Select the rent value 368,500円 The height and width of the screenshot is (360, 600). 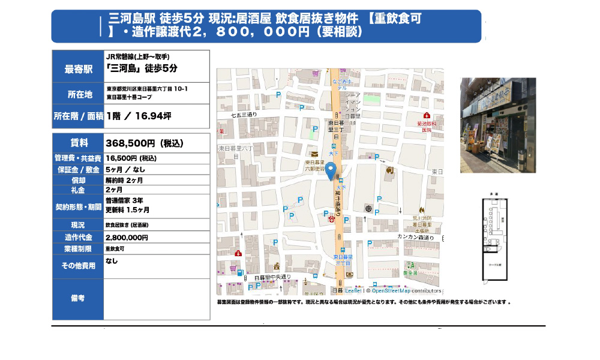pyautogui.click(x=144, y=143)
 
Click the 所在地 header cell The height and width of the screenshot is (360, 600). pyautogui.click(x=78, y=94)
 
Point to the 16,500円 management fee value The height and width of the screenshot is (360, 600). pyautogui.click(x=131, y=158)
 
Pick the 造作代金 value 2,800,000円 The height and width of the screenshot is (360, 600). pyautogui.click(x=127, y=238)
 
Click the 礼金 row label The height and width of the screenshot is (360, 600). pyautogui.click(x=78, y=190)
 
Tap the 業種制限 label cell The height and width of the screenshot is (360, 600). pyautogui.click(x=78, y=248)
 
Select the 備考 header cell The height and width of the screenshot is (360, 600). pyautogui.click(x=78, y=298)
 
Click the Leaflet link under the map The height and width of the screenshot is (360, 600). pyautogui.click(x=353, y=290)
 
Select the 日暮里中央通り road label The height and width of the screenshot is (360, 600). pyautogui.click(x=272, y=277)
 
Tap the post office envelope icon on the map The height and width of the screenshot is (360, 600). pyautogui.click(x=314, y=154)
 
